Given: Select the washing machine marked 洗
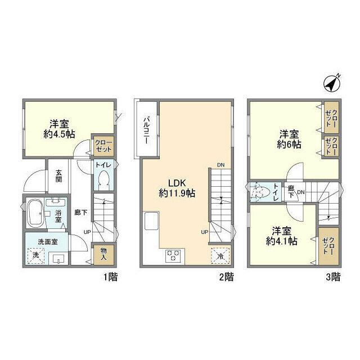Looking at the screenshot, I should click(x=37, y=255).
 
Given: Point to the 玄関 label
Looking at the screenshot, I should click(x=58, y=176).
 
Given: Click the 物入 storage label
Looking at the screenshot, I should click(x=105, y=255).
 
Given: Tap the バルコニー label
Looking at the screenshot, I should click(x=145, y=130).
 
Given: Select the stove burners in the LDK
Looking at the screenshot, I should click(x=173, y=255).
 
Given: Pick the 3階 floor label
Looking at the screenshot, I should click(x=332, y=277).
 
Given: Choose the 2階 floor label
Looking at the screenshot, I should click(x=226, y=277).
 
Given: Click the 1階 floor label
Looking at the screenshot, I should click(x=110, y=277).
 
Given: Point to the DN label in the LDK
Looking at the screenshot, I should click(x=219, y=165).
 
